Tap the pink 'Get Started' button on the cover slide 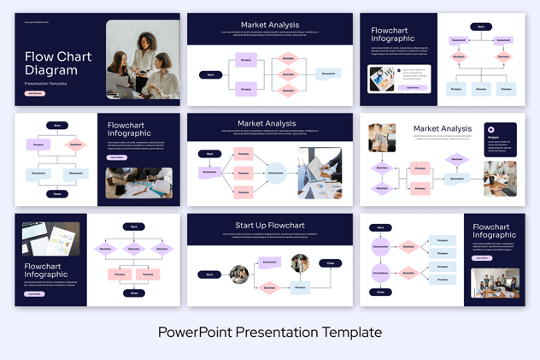34,93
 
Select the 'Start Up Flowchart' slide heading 269,226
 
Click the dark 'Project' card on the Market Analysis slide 501,139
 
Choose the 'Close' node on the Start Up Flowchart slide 331,263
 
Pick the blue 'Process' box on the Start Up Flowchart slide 300,288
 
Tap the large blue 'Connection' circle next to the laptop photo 275,173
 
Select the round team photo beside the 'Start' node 239,274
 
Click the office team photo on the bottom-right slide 495,283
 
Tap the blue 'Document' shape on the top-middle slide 328,74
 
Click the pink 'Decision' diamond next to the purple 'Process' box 75,145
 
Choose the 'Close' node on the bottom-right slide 380,292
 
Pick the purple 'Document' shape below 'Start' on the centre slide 209,172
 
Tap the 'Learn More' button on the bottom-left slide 34,293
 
